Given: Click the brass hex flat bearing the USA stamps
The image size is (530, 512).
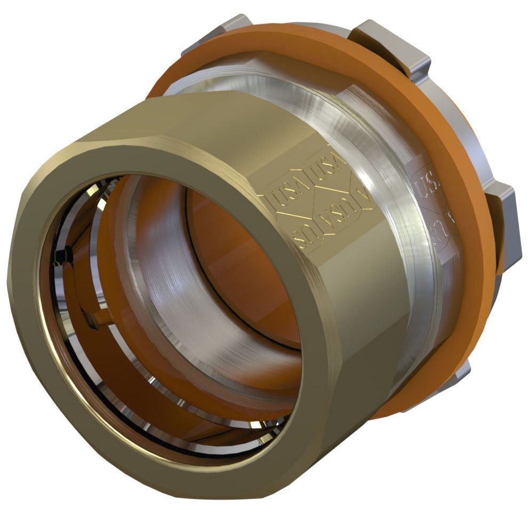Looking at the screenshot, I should pos(320,213).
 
